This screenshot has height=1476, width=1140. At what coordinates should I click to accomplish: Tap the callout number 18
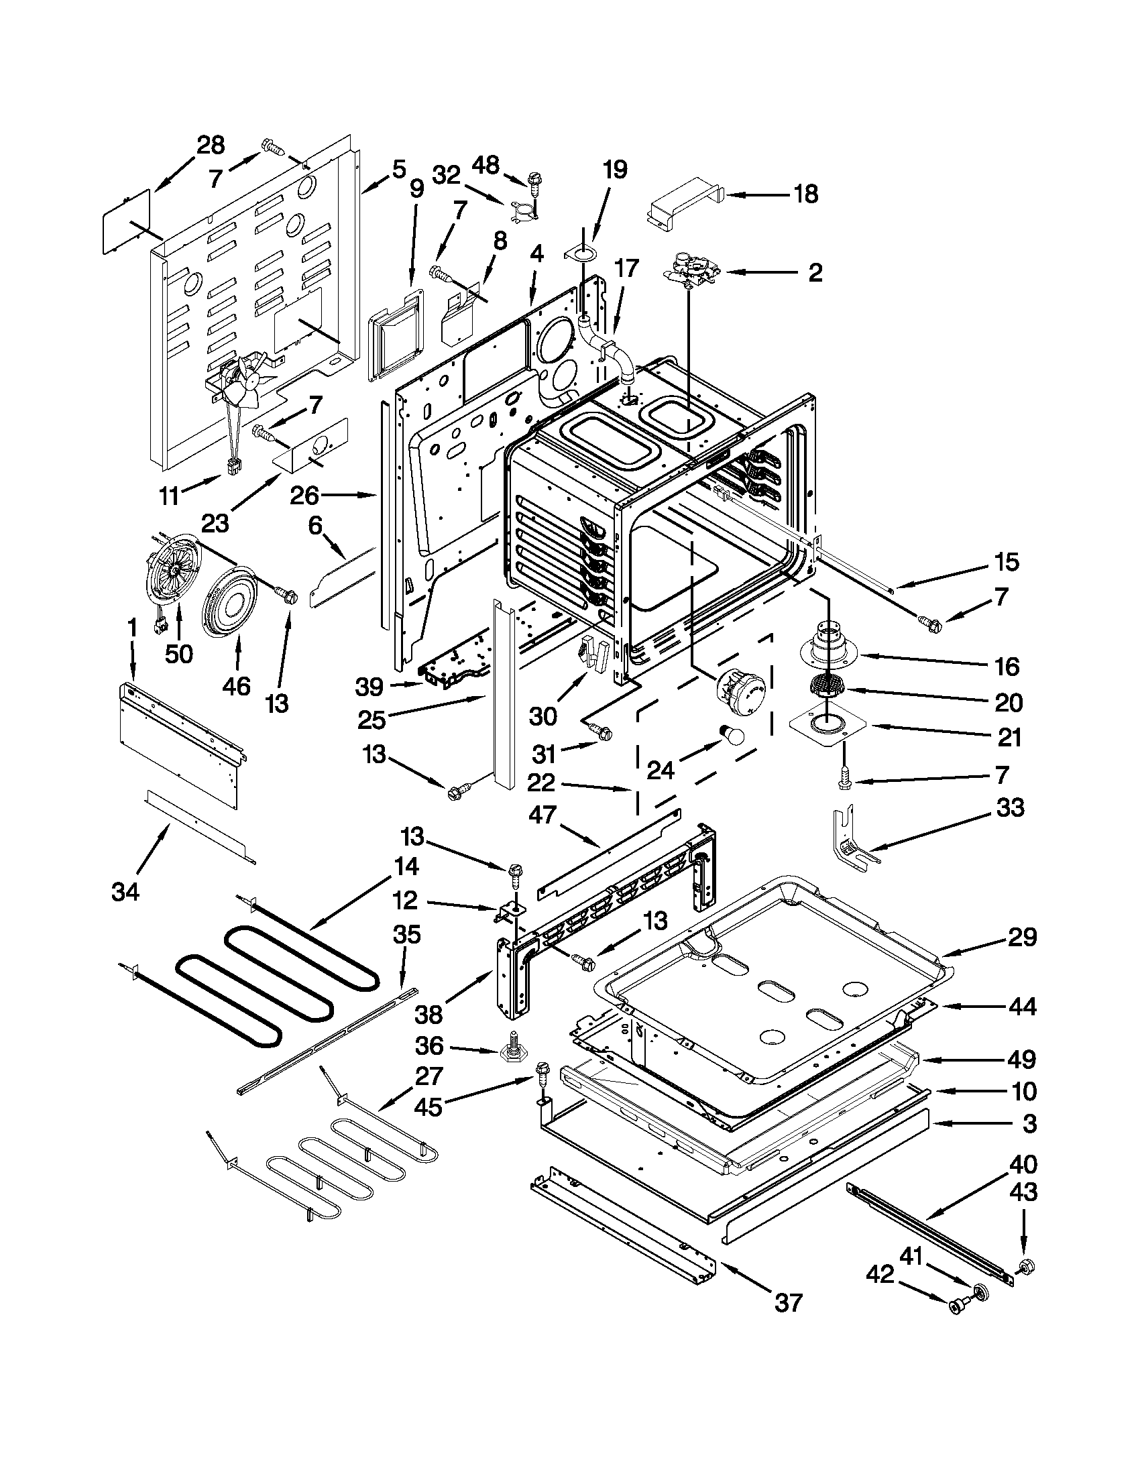pyautogui.click(x=805, y=194)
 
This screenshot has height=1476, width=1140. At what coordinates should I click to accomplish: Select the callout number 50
pyautogui.click(x=179, y=654)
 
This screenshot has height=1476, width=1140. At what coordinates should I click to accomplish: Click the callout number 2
pyautogui.click(x=815, y=273)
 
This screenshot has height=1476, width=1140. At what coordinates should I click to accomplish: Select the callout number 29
pyautogui.click(x=1022, y=937)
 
